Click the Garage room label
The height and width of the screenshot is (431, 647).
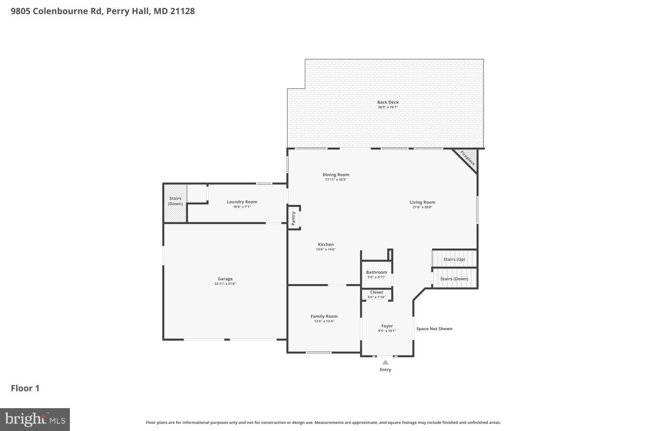tap(225, 279)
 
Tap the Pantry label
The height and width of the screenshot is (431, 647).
tap(294, 218)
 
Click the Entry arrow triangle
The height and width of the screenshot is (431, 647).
tap(385, 362)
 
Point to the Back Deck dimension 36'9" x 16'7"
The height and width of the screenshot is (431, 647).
tap(388, 107)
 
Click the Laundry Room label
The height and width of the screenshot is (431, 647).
tap(242, 202)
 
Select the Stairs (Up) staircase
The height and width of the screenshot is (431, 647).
tap(455, 259)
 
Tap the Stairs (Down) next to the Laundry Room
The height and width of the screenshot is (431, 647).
tap(175, 203)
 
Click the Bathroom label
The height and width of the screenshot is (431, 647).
tap(377, 272)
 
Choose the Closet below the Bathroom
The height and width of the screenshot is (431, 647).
tap(377, 294)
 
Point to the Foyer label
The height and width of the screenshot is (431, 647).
tap(387, 326)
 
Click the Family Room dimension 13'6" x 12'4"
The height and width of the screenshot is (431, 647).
tap(324, 321)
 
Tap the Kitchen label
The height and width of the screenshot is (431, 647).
tap(326, 244)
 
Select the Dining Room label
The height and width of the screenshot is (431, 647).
tap(336, 175)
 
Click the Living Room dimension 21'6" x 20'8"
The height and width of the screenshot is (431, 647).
tap(422, 207)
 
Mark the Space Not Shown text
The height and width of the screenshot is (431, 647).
tap(434, 329)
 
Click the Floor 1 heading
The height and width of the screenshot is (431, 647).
tap(25, 388)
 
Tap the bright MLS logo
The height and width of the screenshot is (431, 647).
tap(35, 419)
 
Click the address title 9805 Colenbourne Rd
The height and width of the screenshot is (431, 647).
tap(103, 11)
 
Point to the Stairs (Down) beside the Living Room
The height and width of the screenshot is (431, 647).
tap(454, 279)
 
